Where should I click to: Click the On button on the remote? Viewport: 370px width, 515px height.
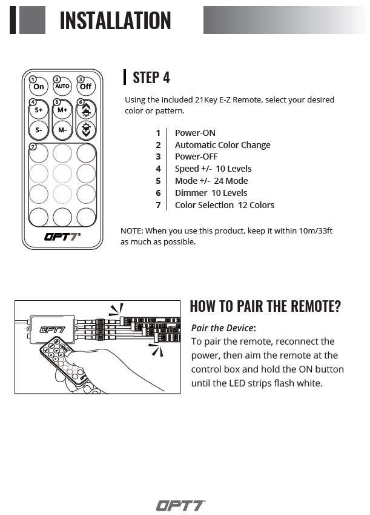pyautogui.click(x=39, y=87)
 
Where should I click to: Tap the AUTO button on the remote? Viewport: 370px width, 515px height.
pyautogui.click(x=62, y=87)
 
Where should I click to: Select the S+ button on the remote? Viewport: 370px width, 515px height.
pyautogui.click(x=39, y=110)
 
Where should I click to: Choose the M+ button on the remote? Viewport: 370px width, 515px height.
pyautogui.click(x=62, y=110)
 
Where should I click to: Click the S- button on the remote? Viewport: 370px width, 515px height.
pyautogui.click(x=39, y=130)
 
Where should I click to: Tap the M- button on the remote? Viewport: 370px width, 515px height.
pyautogui.click(x=62, y=130)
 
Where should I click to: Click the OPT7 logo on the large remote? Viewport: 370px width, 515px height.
pyautogui.click(x=62, y=237)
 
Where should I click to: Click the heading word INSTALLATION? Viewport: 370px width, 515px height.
pyautogui.click(x=115, y=21)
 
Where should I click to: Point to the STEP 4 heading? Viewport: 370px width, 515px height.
pyautogui.click(x=151, y=78)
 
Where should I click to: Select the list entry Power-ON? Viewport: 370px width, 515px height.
pyautogui.click(x=195, y=133)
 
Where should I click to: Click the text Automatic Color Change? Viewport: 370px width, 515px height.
pyautogui.click(x=222, y=145)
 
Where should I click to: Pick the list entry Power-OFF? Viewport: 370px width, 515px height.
pyautogui.click(x=196, y=157)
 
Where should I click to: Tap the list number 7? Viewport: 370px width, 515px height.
pyautogui.click(x=158, y=205)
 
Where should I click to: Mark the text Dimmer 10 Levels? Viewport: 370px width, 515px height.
pyautogui.click(x=211, y=193)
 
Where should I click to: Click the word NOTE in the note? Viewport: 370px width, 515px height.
pyautogui.click(x=131, y=231)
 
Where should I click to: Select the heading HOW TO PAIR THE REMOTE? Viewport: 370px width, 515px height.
pyautogui.click(x=265, y=306)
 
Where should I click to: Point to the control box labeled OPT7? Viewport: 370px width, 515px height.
pyautogui.click(x=53, y=329)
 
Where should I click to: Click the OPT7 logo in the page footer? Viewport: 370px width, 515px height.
pyautogui.click(x=180, y=505)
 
